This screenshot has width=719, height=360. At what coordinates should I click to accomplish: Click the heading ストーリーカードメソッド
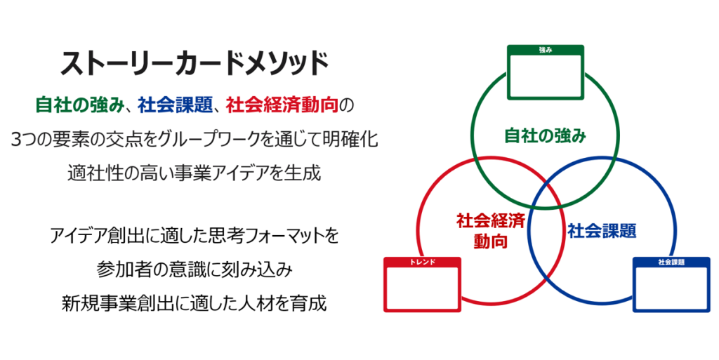(x=194, y=64)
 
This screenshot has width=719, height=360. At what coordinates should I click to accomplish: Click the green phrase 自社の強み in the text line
(x=80, y=106)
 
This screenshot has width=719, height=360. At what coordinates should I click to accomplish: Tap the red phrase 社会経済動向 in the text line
(x=282, y=106)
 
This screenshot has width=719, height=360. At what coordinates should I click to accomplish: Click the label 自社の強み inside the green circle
(x=545, y=136)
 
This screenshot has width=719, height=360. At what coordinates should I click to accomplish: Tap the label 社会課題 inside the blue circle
(x=602, y=230)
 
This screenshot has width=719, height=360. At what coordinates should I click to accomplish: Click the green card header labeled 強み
(x=546, y=50)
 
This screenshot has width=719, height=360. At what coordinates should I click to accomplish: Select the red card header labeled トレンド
(x=422, y=262)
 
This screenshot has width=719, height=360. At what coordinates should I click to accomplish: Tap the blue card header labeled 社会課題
(x=671, y=262)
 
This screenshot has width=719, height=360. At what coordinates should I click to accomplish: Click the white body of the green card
(x=546, y=76)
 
